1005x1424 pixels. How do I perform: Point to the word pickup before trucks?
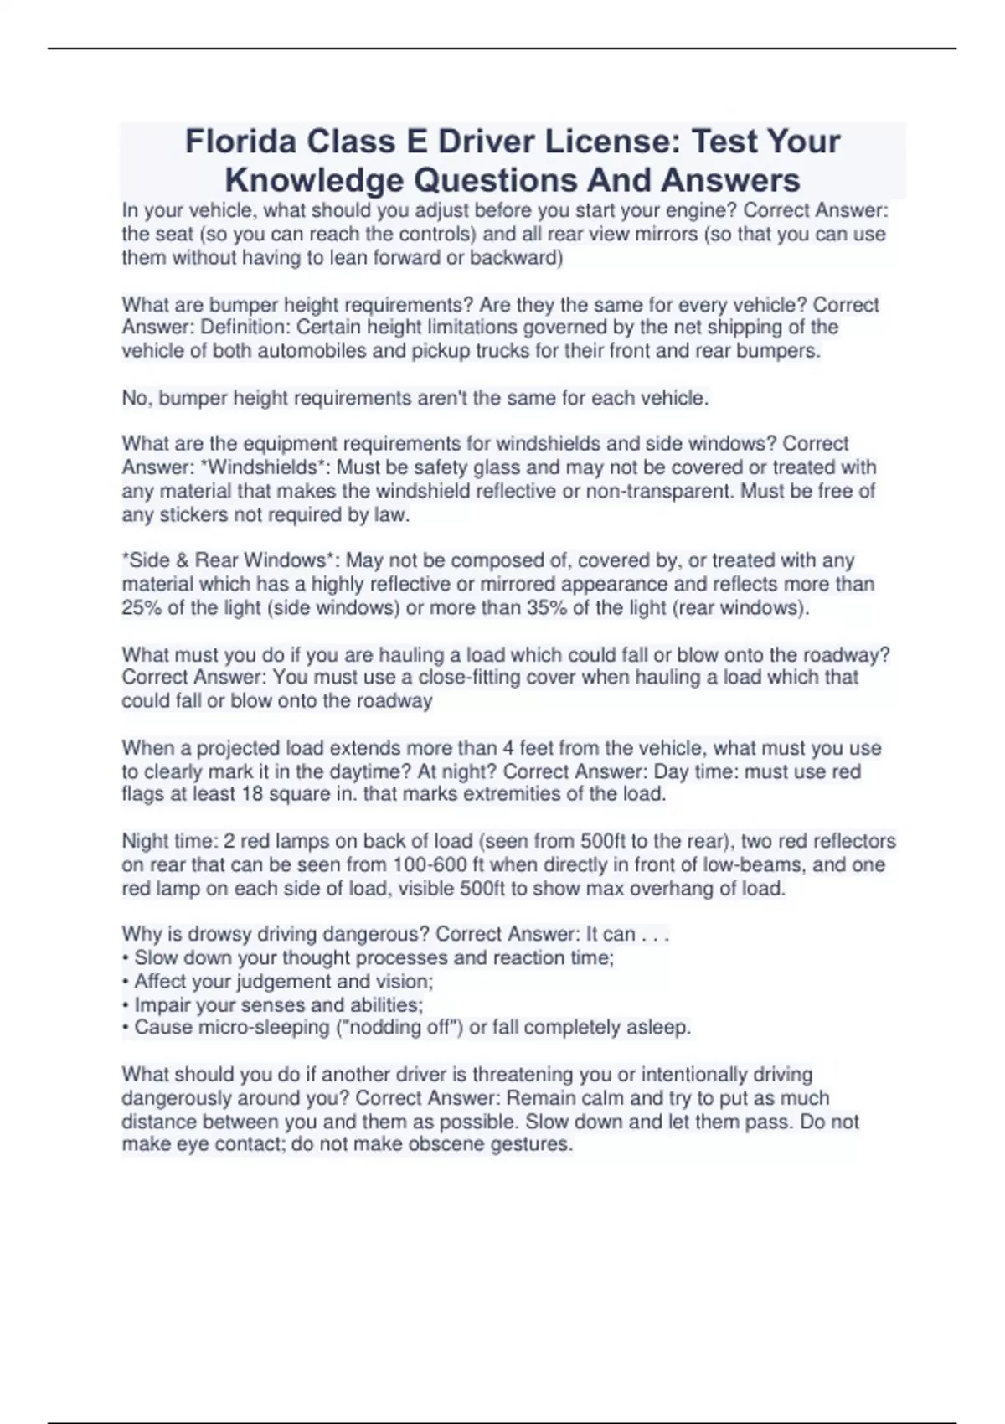pos(441,351)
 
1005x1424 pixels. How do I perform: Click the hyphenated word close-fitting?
pos(497,677)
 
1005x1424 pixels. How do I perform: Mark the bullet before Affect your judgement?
pos(126,981)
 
